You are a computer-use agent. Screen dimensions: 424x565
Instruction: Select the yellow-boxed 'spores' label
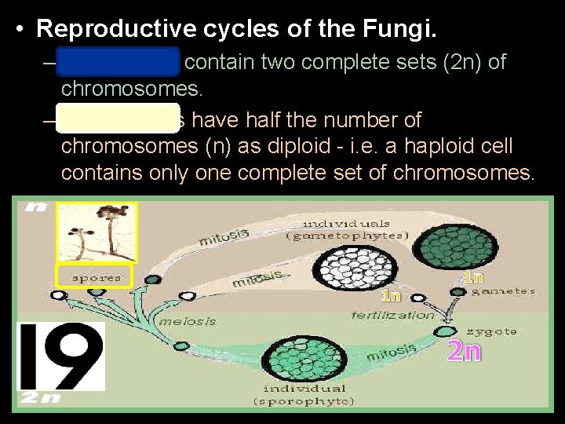pyautogui.click(x=96, y=277)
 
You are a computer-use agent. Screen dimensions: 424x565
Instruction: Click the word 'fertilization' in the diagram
pyautogui.click(x=393, y=315)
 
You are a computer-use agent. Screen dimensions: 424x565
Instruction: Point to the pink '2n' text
pyautogui.click(x=463, y=351)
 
